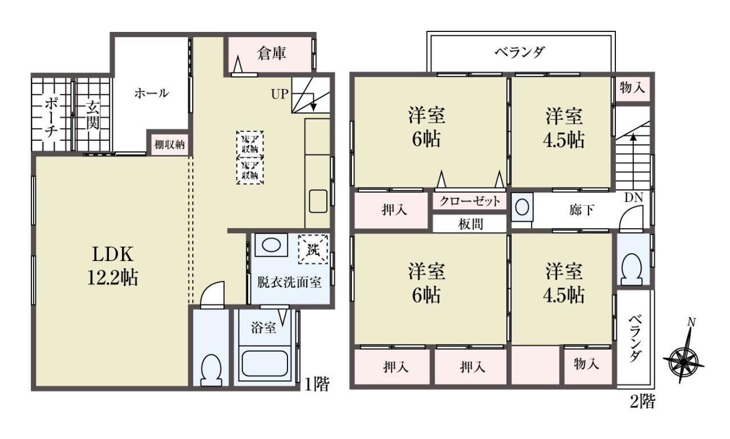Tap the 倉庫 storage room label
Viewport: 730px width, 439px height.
pyautogui.click(x=271, y=54)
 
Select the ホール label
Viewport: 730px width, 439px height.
pyautogui.click(x=152, y=94)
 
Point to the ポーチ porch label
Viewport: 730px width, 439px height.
pyautogui.click(x=51, y=117)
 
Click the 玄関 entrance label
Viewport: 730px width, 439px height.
pyautogui.click(x=92, y=116)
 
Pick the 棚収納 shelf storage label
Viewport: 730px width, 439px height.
pyautogui.click(x=169, y=144)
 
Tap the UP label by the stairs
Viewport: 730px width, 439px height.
pyautogui.click(x=279, y=94)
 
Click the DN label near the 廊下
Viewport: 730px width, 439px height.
pyautogui.click(x=634, y=197)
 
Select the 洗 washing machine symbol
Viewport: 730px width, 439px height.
pyautogui.click(x=313, y=250)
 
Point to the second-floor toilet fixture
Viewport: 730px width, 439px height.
pyautogui.click(x=632, y=269)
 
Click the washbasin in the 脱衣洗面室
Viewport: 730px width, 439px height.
pyautogui.click(x=271, y=245)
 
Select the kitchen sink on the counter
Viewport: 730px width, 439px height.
pyautogui.click(x=318, y=201)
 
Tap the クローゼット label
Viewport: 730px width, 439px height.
pyautogui.click(x=469, y=201)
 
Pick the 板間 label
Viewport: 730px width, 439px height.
pyautogui.click(x=471, y=224)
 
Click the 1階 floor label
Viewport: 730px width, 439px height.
pyautogui.click(x=317, y=384)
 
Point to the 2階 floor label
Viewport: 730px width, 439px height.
pyautogui.click(x=642, y=401)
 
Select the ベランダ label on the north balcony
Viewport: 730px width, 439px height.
pyautogui.click(x=520, y=52)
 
